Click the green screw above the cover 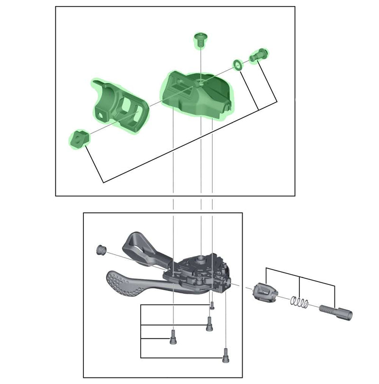coord(201,40)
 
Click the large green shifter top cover coord(197,95)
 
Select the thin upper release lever coord(142,247)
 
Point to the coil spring coord(299,302)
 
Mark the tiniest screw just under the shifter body coord(212,306)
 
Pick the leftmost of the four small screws coord(173,337)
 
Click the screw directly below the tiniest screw coord(209,323)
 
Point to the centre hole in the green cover coord(200,82)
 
